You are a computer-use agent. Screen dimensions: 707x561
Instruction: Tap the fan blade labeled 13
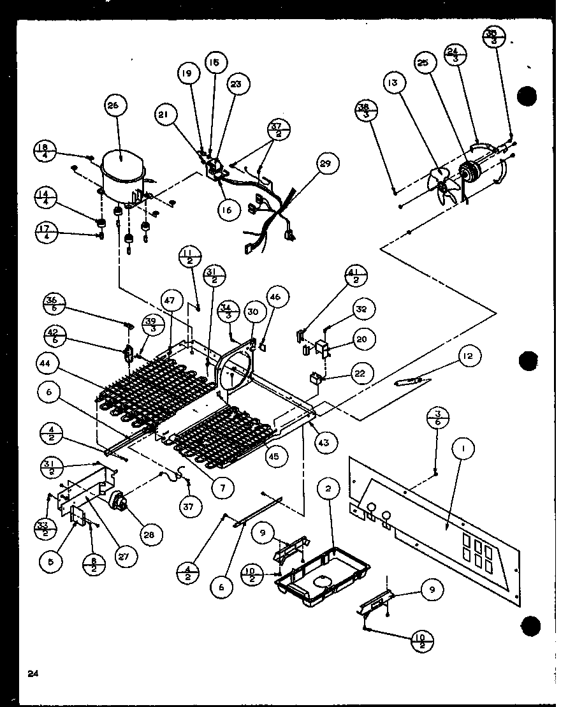pyautogui.click(x=442, y=184)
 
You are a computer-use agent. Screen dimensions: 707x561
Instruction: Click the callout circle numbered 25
pyautogui.click(x=424, y=64)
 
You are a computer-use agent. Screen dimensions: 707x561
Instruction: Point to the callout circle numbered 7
pyautogui.click(x=222, y=488)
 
